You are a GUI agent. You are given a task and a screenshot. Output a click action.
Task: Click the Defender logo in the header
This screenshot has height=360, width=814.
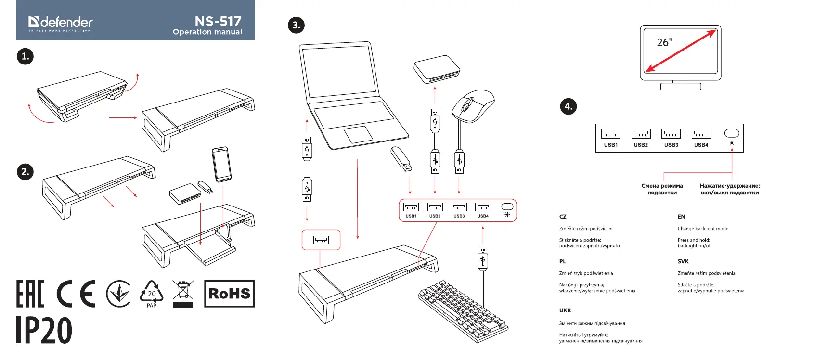(x=60, y=23)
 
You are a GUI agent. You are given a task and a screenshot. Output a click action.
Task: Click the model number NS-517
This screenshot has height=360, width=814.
(x=218, y=21)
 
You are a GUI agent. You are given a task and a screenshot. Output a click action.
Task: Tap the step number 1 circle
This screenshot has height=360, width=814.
(x=25, y=56)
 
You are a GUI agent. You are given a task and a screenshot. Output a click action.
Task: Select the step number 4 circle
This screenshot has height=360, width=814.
(x=569, y=106)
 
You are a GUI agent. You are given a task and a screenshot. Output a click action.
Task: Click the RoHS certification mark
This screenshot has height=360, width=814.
(x=229, y=294)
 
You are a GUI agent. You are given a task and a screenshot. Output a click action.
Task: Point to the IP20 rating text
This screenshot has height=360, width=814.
(x=44, y=330)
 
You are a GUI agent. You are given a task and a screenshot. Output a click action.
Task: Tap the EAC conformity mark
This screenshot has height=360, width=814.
(x=30, y=294)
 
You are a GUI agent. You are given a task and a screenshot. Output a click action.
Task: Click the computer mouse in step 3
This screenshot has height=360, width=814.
(x=473, y=105)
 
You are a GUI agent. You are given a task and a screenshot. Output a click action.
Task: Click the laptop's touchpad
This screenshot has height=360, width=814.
(x=358, y=135)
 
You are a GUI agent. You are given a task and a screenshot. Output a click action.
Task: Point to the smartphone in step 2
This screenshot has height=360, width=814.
(x=221, y=164)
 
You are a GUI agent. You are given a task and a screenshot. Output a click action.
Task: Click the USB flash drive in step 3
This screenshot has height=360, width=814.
(x=401, y=158)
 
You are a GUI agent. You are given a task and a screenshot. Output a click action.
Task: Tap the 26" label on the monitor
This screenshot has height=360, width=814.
(x=664, y=42)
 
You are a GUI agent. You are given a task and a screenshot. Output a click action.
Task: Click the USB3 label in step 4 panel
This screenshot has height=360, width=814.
(x=671, y=145)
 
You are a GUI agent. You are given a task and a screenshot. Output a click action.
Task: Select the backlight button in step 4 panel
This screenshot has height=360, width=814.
(x=732, y=133)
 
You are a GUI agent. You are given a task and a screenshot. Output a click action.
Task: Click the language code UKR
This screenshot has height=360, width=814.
(x=565, y=310)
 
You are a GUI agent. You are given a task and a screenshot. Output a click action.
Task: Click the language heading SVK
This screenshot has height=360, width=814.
(x=683, y=261)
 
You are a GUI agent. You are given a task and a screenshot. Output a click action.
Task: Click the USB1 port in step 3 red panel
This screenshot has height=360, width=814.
(x=411, y=207)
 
